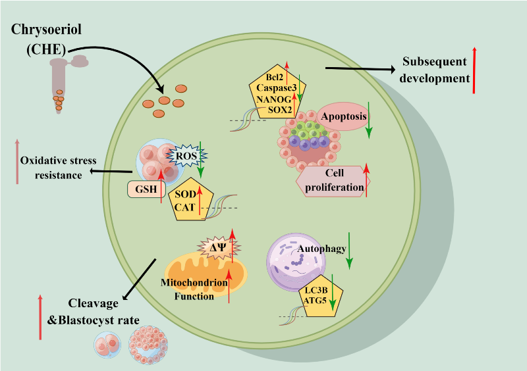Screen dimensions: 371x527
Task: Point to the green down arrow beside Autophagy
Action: pos(348,250)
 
